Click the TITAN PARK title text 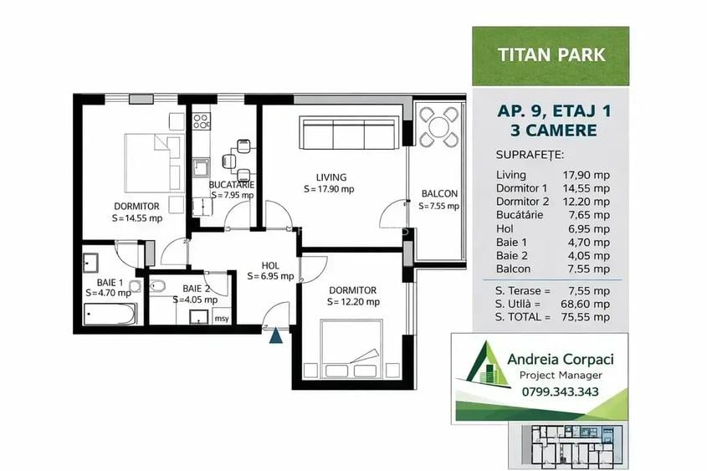pyautogui.click(x=551, y=56)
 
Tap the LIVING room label pyautogui.click(x=331, y=177)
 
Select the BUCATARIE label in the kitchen pyautogui.click(x=232, y=184)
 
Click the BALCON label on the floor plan pyautogui.click(x=439, y=194)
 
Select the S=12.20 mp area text pyautogui.click(x=353, y=302)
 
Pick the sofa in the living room pyautogui.click(x=347, y=134)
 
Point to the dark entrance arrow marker pyautogui.click(x=275, y=335)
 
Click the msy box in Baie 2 pyautogui.click(x=222, y=318)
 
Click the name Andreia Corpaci pyautogui.click(x=561, y=358)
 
